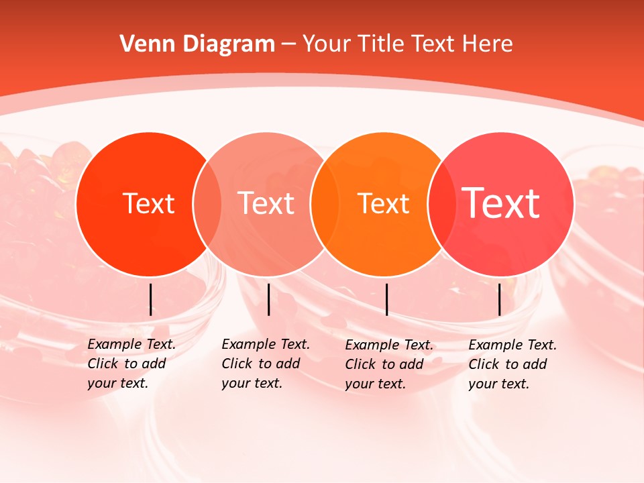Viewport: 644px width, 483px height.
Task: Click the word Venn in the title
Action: click(144, 44)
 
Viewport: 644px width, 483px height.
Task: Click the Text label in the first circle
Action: click(148, 203)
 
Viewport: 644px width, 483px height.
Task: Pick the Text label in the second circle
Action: click(266, 203)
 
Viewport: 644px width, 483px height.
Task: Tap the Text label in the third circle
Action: click(384, 203)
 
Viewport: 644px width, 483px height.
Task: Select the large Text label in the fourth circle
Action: click(501, 203)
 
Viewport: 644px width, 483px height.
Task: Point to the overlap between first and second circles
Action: click(207, 203)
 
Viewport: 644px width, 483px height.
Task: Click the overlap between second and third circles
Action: click(325, 203)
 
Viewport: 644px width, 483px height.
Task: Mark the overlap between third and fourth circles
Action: click(441, 203)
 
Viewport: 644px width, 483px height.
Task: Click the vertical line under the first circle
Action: click(151, 299)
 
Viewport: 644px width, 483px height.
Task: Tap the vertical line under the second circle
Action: click(268, 299)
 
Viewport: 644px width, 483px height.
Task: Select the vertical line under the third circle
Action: click(386, 299)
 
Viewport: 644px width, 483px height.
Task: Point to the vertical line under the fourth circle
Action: click(499, 299)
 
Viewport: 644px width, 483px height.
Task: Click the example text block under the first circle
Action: click(131, 364)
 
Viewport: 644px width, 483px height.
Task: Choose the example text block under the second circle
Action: click(265, 364)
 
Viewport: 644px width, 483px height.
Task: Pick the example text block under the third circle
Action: click(388, 364)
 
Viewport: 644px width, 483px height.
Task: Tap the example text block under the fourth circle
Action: click(512, 364)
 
